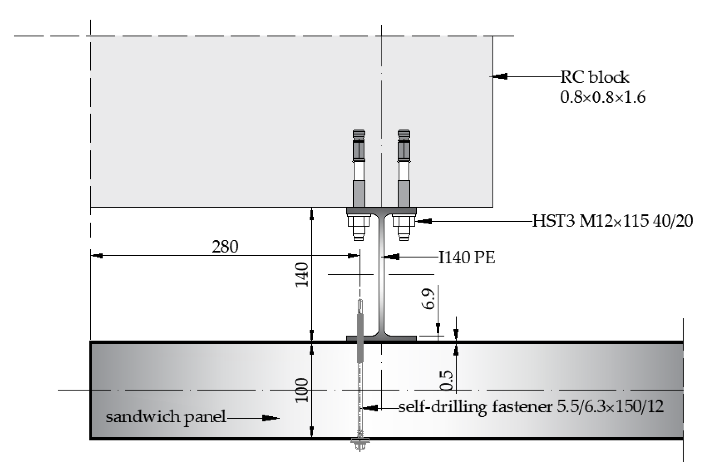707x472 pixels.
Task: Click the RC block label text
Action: tap(595, 77)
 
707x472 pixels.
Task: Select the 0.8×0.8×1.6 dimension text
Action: tap(602, 97)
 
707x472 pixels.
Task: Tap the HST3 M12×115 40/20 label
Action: tap(612, 221)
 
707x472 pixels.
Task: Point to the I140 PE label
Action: tap(467, 258)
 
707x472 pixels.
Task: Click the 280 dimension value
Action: tap(225, 247)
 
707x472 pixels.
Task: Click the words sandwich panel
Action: tap(166, 417)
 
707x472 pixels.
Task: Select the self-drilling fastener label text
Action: tap(531, 407)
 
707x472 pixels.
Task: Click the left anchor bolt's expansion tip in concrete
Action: tap(359, 134)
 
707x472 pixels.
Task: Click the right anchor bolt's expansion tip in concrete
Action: tap(404, 134)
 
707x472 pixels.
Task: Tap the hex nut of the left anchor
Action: tap(359, 222)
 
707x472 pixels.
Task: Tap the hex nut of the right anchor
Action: tap(404, 222)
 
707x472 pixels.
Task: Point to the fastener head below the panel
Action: tap(360, 442)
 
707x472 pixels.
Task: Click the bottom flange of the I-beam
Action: tap(381, 339)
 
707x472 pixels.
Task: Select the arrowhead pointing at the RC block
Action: tap(500, 76)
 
